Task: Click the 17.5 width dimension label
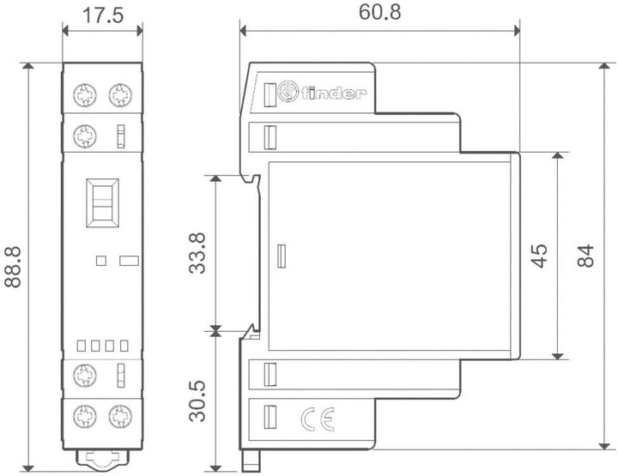pos(103,15)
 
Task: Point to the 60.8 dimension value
pos(380,12)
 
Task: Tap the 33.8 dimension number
pos(197,253)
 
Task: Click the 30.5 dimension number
pos(197,401)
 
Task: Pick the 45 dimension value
pos(539,256)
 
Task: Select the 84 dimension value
pos(585,256)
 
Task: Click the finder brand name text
pos(334,93)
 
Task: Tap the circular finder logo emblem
pos(288,92)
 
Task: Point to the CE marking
pos(318,419)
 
